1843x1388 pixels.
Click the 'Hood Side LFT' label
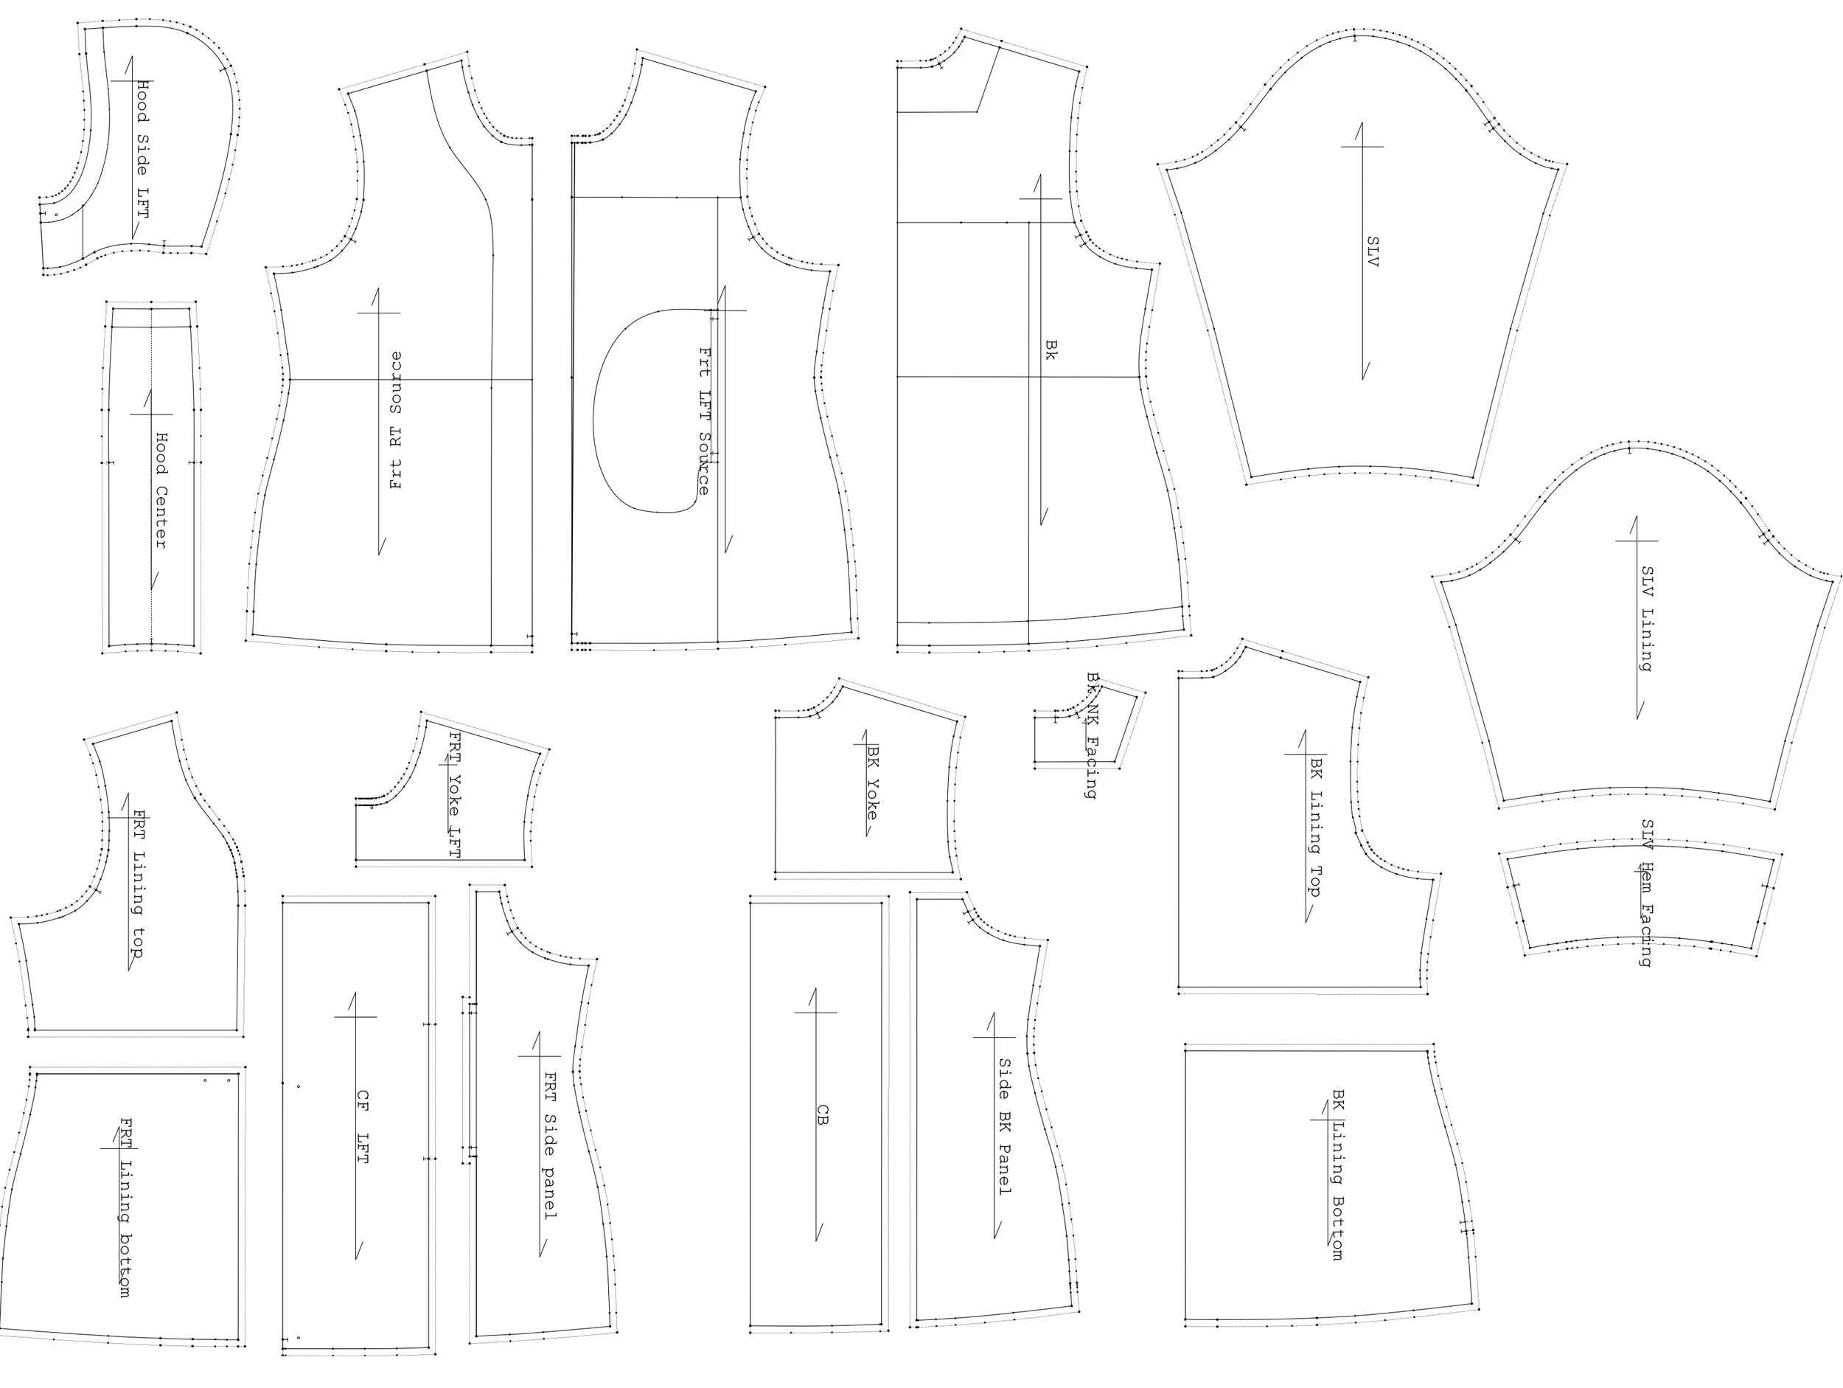click(x=143, y=149)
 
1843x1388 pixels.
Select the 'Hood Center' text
click(x=161, y=490)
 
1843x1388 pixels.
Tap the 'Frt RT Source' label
click(x=396, y=420)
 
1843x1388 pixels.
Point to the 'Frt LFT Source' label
click(x=705, y=421)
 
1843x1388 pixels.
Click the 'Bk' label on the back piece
click(x=1051, y=350)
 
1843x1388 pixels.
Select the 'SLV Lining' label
click(x=1647, y=619)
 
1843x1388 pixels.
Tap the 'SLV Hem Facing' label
click(x=1647, y=892)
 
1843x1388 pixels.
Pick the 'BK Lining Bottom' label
click(x=1338, y=1175)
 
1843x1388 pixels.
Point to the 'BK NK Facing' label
click(x=1093, y=735)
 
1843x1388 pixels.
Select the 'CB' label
click(x=823, y=1114)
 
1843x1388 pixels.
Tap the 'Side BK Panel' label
click(x=1006, y=1126)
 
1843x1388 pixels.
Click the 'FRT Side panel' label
click(x=550, y=1145)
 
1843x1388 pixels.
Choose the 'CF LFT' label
click(x=363, y=1127)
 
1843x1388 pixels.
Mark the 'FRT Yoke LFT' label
click(x=454, y=794)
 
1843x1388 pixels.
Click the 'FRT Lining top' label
click(x=139, y=884)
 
